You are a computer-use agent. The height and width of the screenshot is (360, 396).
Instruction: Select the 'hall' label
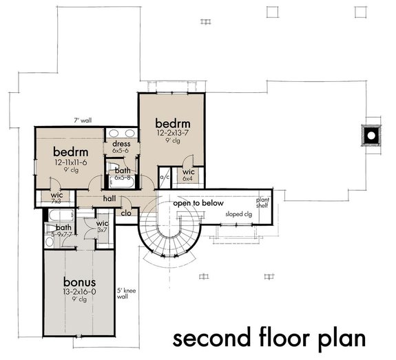[x=109, y=198]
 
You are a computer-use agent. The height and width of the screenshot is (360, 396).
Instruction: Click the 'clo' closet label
[x=126, y=213]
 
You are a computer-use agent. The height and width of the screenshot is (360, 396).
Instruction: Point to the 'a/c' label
[x=165, y=177]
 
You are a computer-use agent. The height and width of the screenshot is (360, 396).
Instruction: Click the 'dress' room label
[x=121, y=144]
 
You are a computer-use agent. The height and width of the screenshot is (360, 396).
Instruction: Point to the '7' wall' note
[x=85, y=121]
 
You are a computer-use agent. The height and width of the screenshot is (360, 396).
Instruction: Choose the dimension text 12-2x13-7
[x=172, y=131]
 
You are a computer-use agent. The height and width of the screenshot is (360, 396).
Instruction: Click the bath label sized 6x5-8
[x=123, y=173]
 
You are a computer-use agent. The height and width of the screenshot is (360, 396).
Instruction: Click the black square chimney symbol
[x=371, y=135]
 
